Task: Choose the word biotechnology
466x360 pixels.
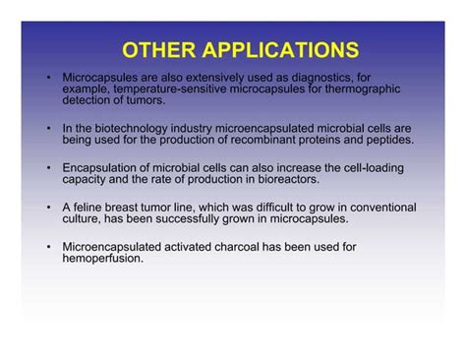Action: click(120, 129)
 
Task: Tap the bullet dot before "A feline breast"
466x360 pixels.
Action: click(48, 208)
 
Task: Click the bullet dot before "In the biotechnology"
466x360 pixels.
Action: click(48, 129)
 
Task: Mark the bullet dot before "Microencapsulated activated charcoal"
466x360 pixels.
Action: click(48, 247)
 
